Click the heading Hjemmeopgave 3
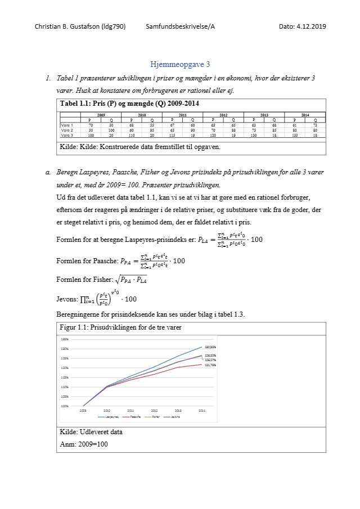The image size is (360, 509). (x=180, y=64)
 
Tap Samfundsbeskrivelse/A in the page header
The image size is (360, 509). (x=180, y=26)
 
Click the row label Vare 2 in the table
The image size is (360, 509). (x=67, y=129)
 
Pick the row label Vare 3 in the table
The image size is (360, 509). (x=67, y=136)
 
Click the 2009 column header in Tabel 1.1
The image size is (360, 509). (x=101, y=115)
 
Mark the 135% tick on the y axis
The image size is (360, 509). (x=65, y=339)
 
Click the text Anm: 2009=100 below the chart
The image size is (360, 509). (x=84, y=444)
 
